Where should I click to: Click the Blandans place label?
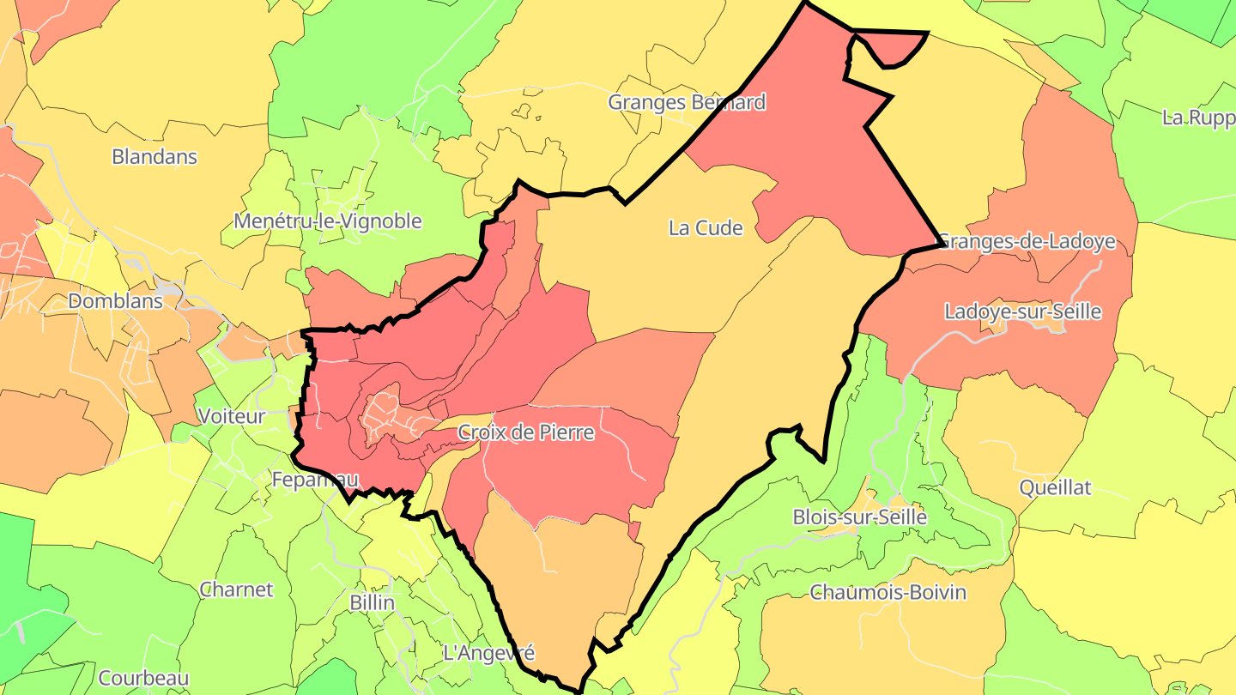[x=154, y=157]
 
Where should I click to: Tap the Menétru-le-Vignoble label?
[x=328, y=221]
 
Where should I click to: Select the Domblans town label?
[x=115, y=301]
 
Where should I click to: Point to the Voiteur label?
[x=232, y=416]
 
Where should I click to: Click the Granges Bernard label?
[x=687, y=102]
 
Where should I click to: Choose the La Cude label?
[x=706, y=228]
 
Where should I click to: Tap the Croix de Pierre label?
[x=526, y=432]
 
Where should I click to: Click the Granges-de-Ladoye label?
[x=1027, y=241]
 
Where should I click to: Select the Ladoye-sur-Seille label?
[x=1022, y=311]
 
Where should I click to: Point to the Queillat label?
[x=1055, y=488]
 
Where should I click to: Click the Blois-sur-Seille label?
[x=860, y=517]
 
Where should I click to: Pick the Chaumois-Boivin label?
[x=888, y=593]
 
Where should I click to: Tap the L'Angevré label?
[x=489, y=653]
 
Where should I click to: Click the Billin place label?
[x=373, y=602]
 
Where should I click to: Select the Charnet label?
[x=236, y=589]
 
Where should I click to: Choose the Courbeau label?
[x=143, y=678]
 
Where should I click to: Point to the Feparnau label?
[x=314, y=480]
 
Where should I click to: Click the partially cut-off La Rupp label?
[x=1198, y=118]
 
